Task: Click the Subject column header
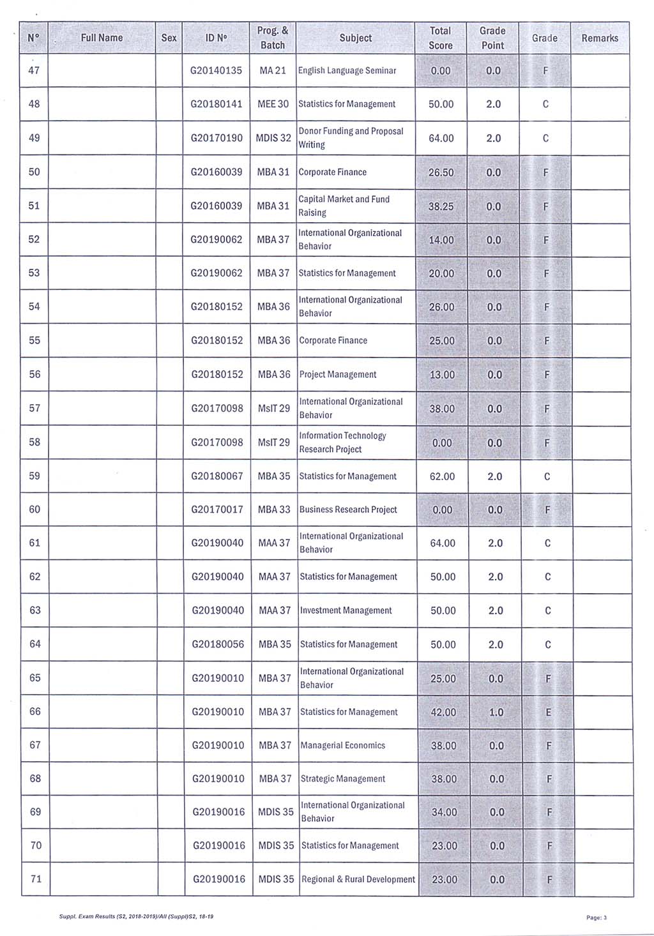[x=355, y=38]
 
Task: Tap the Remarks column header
[x=600, y=38]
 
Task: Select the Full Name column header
[x=102, y=38]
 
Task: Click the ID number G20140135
[x=217, y=71]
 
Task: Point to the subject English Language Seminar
[x=347, y=71]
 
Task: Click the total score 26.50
[x=441, y=172]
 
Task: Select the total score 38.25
[x=441, y=206]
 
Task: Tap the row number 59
[x=34, y=476]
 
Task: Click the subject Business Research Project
[x=348, y=510]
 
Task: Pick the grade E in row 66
[x=548, y=712]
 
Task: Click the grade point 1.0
[x=496, y=712]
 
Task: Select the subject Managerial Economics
[x=342, y=745]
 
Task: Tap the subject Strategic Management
[x=342, y=779]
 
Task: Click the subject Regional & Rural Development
[x=358, y=879]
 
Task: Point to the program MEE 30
[x=273, y=104]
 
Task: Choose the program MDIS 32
[x=273, y=138]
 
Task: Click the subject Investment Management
[x=346, y=610]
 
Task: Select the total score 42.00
[x=443, y=712]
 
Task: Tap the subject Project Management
[x=338, y=375]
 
